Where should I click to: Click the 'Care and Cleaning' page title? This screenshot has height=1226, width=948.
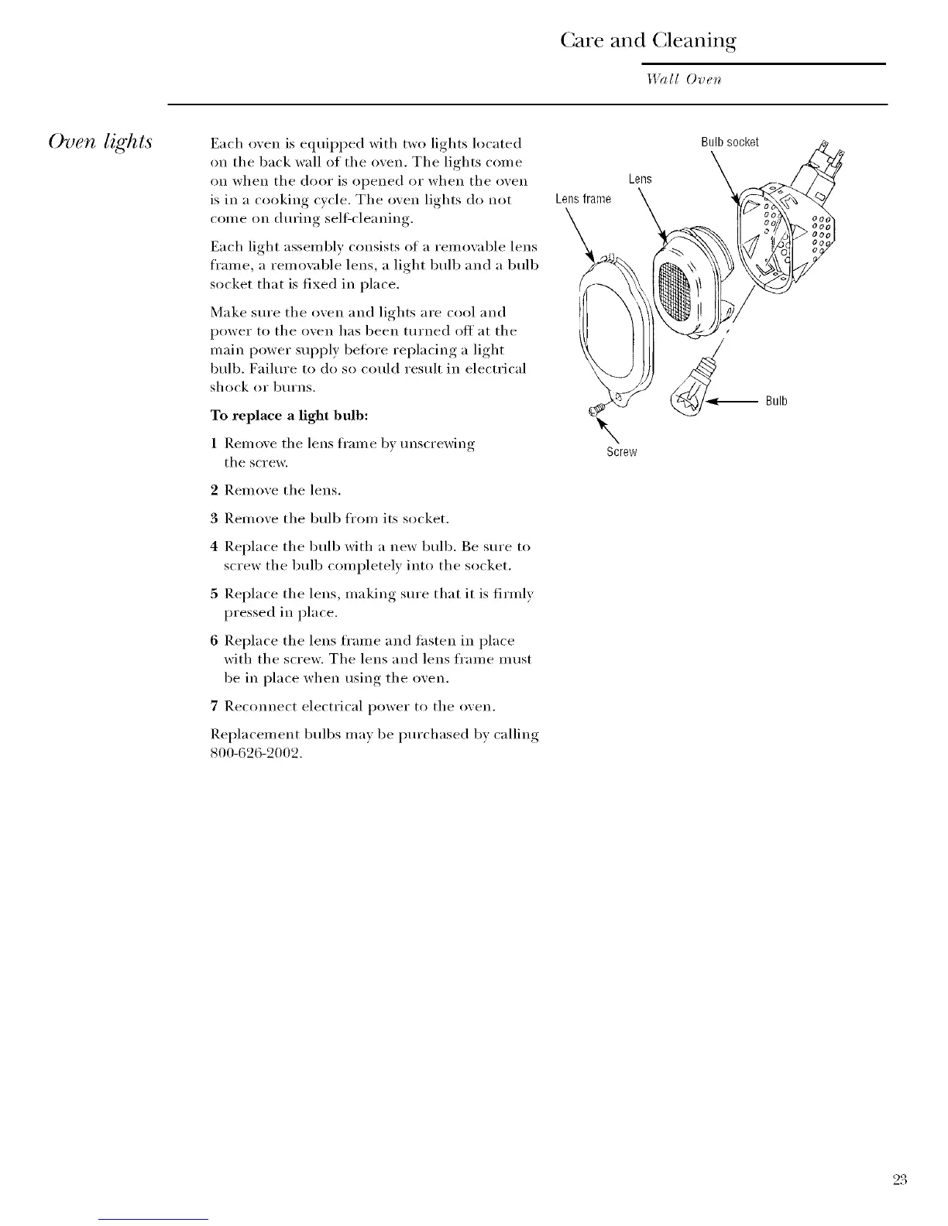coord(647,40)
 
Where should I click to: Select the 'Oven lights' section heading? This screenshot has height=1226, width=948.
coord(100,143)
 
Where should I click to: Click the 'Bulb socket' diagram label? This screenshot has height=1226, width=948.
coord(730,142)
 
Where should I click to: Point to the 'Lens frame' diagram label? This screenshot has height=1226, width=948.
coord(583,200)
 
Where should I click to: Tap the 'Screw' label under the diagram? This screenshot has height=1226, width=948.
coord(621,452)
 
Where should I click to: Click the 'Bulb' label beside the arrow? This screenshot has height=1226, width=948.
coord(776,401)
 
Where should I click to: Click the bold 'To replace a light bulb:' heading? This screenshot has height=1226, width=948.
coord(289,416)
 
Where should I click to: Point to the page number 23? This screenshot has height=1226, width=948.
coord(898,1180)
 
